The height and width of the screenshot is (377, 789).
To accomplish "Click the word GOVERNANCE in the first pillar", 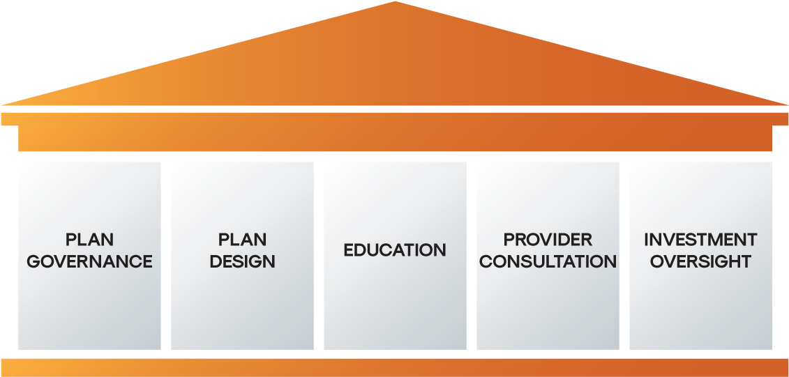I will (x=89, y=261).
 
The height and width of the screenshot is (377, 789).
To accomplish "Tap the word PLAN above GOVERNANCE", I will (x=89, y=240).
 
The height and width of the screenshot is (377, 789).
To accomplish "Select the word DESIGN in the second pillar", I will (x=242, y=261).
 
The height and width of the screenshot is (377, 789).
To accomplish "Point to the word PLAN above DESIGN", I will (x=242, y=240).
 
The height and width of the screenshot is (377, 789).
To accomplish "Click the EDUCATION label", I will (x=395, y=250).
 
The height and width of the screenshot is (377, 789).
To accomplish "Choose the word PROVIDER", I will (x=548, y=240).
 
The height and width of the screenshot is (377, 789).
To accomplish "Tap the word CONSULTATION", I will (x=548, y=261).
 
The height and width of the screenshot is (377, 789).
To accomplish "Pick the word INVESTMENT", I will (x=700, y=240).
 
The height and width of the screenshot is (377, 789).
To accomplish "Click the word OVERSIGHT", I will (x=700, y=261).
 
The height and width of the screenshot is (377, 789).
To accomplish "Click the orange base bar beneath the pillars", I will (x=395, y=368).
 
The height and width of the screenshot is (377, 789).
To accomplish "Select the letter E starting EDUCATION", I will (x=349, y=250).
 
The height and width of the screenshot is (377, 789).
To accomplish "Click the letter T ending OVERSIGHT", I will (x=745, y=261).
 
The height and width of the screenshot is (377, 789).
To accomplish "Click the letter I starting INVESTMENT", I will (x=647, y=240).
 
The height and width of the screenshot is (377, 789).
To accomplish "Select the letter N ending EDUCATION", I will (x=439, y=250).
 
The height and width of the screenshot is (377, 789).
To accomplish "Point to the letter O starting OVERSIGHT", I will (x=658, y=261).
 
